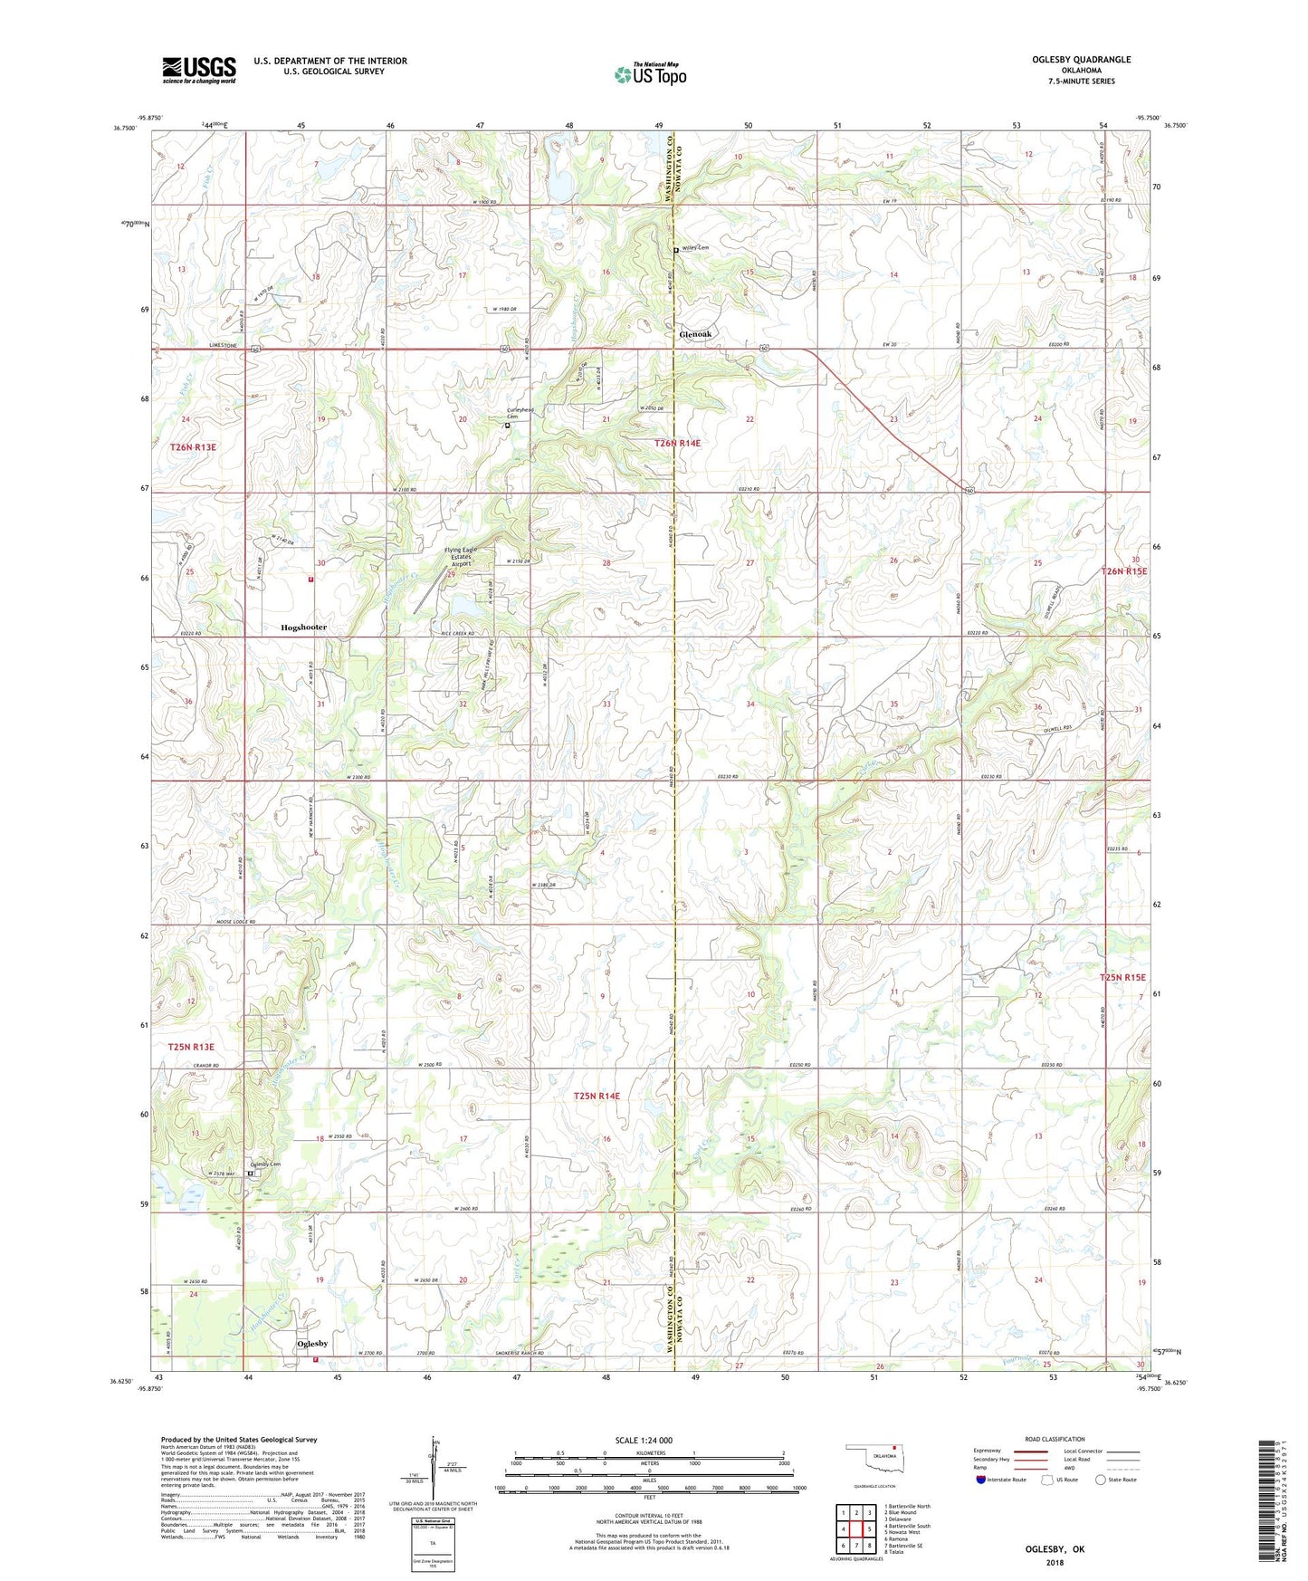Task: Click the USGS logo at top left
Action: [x=199, y=70]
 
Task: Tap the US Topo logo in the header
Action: [x=650, y=75]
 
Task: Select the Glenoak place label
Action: [x=695, y=334]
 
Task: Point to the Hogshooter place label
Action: [x=303, y=627]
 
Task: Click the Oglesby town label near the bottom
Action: [x=312, y=1344]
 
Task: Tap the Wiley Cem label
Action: [x=695, y=248]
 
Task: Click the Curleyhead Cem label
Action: [x=520, y=413]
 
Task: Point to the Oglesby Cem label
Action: [x=264, y=1164]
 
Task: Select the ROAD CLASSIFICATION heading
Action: [x=1055, y=1439]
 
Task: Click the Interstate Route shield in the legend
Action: [x=982, y=1480]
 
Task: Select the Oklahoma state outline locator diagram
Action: [x=874, y=1458]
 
